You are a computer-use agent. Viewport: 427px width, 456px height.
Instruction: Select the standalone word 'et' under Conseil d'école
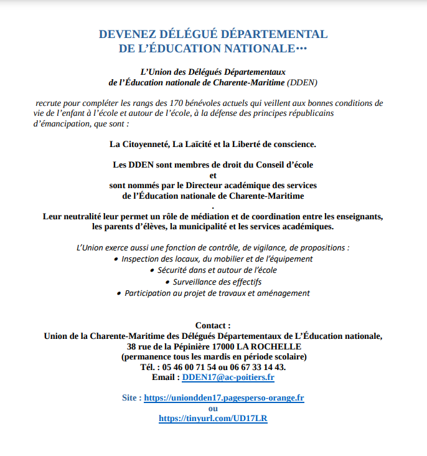tap(213, 175)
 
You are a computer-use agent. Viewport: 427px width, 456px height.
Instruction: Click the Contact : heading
tap(213, 325)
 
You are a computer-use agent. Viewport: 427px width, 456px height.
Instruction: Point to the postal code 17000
tap(245, 346)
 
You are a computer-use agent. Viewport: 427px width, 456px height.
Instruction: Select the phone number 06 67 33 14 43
tap(260, 367)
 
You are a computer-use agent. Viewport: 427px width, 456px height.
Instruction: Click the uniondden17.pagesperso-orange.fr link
tap(223, 397)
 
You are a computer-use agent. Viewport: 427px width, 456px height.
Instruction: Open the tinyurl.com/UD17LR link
tap(213, 419)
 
